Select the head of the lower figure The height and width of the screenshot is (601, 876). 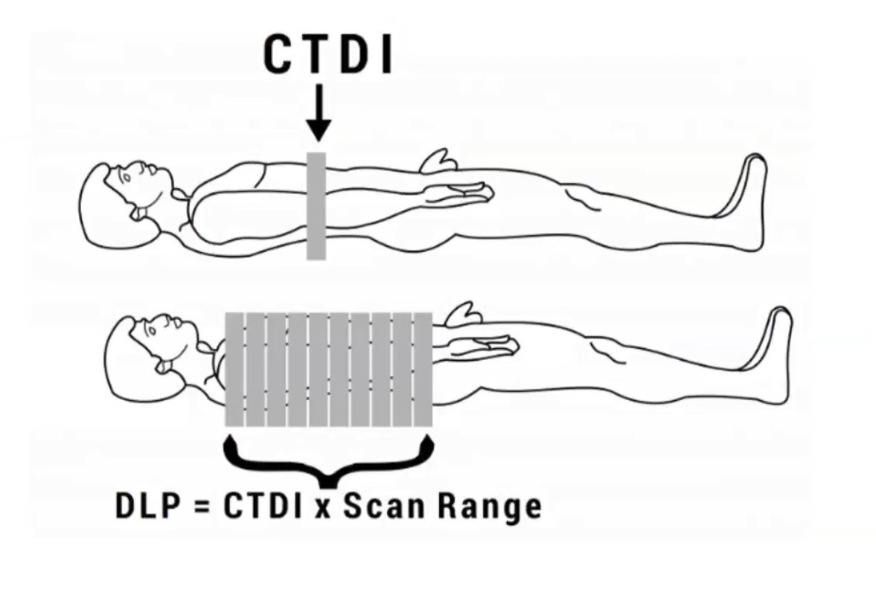(x=141, y=350)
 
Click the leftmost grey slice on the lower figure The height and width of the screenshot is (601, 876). (x=234, y=370)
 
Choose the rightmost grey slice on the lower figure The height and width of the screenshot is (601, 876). (x=423, y=370)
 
